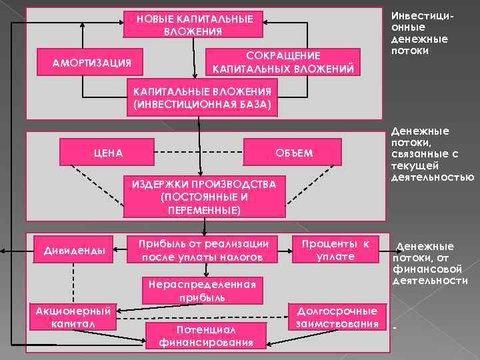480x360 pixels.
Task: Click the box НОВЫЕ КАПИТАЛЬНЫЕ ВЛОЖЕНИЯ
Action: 195,25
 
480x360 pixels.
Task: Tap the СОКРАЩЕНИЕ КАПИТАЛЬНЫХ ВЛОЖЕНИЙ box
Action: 284,63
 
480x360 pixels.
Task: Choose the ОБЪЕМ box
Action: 293,153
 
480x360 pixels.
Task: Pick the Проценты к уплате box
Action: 336,250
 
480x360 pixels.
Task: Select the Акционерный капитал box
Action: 75,317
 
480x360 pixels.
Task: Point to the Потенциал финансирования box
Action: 207,335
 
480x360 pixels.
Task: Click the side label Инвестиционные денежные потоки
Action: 419,33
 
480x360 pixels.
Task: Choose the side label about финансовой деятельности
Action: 431,263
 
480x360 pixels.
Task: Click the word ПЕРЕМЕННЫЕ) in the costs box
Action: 203,210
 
